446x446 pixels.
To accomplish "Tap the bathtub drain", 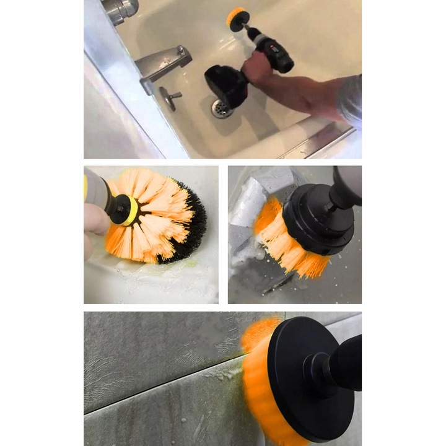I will pyautogui.click(x=222, y=108).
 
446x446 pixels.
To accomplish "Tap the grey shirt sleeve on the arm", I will pyautogui.click(x=351, y=99).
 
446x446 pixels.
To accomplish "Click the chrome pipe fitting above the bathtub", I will pyautogui.click(x=121, y=9).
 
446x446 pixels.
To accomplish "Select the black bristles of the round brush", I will pyautogui.click(x=191, y=229).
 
